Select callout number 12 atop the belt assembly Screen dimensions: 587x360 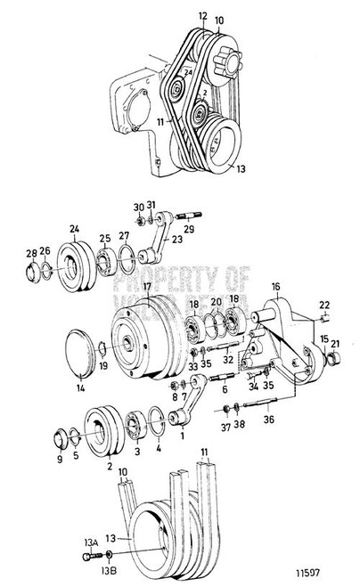tap(201, 16)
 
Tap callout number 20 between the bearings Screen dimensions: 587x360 tap(215, 302)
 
